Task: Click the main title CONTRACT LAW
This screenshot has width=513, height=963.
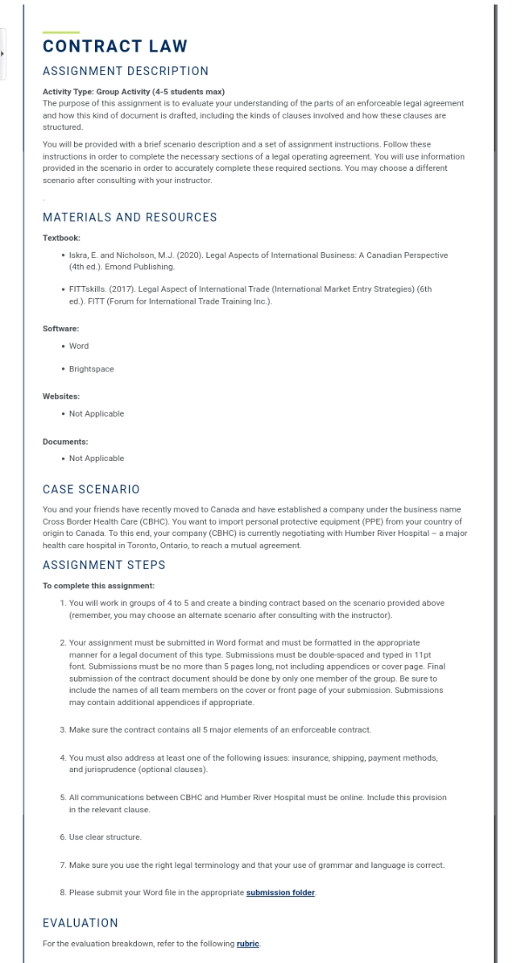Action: tap(114, 47)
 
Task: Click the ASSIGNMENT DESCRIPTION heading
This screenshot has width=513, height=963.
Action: tap(125, 71)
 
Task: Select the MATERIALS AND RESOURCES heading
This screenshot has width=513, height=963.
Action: tap(130, 218)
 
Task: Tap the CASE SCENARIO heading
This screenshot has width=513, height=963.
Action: tap(91, 489)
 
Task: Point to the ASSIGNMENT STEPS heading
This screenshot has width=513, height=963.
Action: tap(104, 566)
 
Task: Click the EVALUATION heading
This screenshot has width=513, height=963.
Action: tap(81, 922)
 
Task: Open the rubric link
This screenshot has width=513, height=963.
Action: tap(247, 944)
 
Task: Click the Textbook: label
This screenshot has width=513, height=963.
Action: tap(61, 238)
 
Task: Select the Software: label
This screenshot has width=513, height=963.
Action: tap(60, 329)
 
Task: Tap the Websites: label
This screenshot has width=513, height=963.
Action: tap(60, 396)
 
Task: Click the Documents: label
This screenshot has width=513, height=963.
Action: tap(64, 442)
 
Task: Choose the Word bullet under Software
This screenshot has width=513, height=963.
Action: tap(79, 346)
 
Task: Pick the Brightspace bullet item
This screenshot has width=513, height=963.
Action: tap(91, 368)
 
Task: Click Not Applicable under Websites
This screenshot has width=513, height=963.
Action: tap(97, 413)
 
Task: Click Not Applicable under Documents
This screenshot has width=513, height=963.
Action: tap(97, 458)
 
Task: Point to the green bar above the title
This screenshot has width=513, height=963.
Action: tap(60, 32)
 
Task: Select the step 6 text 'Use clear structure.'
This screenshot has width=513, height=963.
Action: tap(105, 837)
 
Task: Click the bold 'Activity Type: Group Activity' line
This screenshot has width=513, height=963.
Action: tap(133, 92)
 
